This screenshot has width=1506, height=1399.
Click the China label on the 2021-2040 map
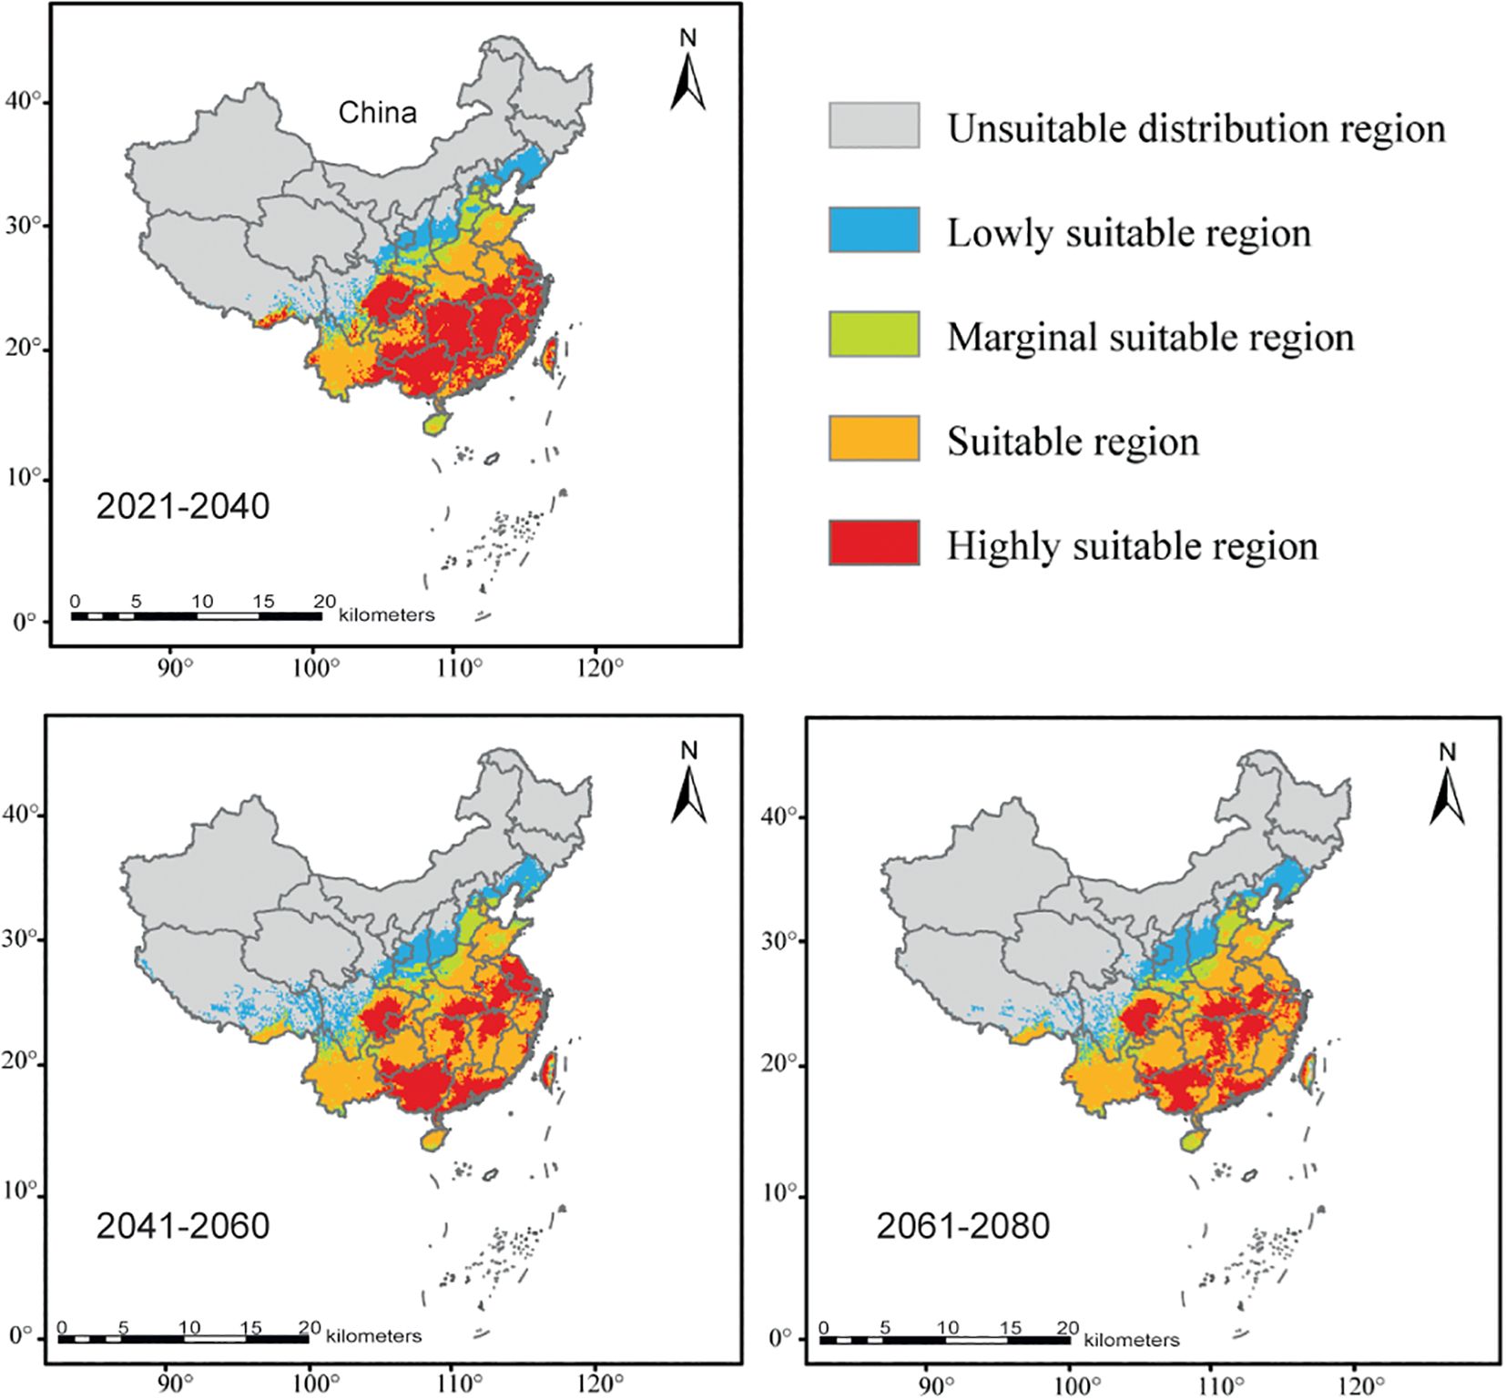click(x=378, y=113)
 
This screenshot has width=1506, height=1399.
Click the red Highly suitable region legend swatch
click(x=873, y=543)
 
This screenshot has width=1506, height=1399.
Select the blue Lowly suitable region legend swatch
click(x=873, y=229)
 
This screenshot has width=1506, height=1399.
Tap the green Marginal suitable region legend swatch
click(x=873, y=334)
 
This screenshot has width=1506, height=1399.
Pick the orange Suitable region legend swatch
click(x=873, y=439)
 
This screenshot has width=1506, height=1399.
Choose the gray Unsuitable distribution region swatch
click(x=873, y=126)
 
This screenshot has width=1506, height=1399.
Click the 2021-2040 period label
click(x=183, y=506)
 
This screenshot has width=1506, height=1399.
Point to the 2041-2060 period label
click(x=183, y=1226)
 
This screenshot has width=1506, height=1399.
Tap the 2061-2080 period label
click(x=963, y=1226)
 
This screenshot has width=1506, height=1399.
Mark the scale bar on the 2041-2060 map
click(x=183, y=1338)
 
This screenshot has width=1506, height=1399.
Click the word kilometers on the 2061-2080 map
click(x=1132, y=1340)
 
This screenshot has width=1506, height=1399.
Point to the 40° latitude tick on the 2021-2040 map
click(x=25, y=102)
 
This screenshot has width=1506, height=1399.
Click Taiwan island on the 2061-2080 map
click(x=1307, y=1070)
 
